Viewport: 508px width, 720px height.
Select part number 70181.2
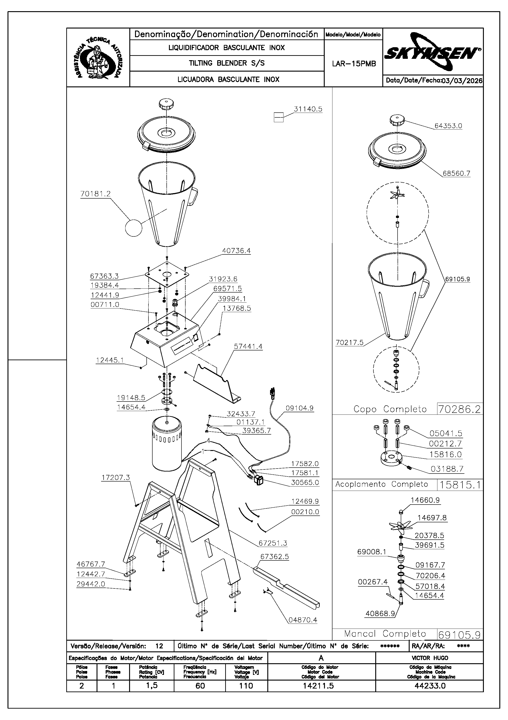coord(96,194)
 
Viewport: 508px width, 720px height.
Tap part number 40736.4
coord(236,251)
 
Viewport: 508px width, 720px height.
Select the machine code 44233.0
coord(430,686)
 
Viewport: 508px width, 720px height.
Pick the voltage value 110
coord(246,686)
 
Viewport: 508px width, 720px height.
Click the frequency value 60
coord(200,686)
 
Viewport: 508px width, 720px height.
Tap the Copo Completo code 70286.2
coord(459,409)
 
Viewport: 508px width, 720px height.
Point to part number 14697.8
coord(432,518)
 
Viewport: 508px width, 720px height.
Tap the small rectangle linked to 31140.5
coord(278,117)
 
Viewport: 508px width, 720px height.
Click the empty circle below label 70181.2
coord(134,228)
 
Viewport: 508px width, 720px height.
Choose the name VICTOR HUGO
coord(430,658)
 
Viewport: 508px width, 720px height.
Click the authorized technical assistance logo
coord(98,58)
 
